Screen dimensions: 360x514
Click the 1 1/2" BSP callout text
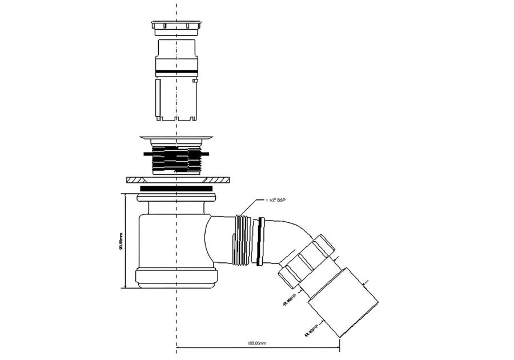pos(276,201)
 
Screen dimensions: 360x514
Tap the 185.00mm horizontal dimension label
pos(257,343)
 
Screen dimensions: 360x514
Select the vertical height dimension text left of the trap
pos(121,241)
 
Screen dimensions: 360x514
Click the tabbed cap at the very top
pos(176,25)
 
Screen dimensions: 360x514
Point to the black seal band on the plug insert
pos(176,71)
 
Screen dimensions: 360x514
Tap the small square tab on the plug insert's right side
pos(196,82)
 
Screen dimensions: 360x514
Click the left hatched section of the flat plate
pos(134,180)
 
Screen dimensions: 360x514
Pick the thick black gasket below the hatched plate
pos(176,188)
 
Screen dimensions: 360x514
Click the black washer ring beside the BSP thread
pos(260,241)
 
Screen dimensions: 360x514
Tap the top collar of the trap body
pos(176,198)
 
